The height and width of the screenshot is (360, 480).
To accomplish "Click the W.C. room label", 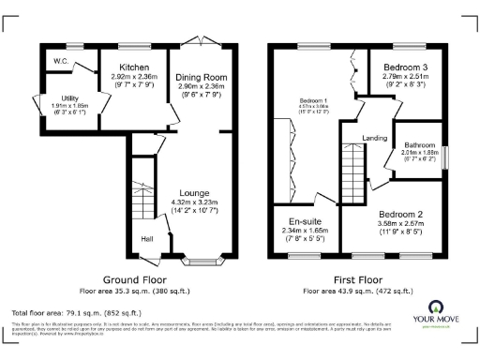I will (60, 62).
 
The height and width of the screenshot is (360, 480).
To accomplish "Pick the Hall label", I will (147, 239).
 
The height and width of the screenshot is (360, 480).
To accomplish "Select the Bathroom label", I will (418, 145).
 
